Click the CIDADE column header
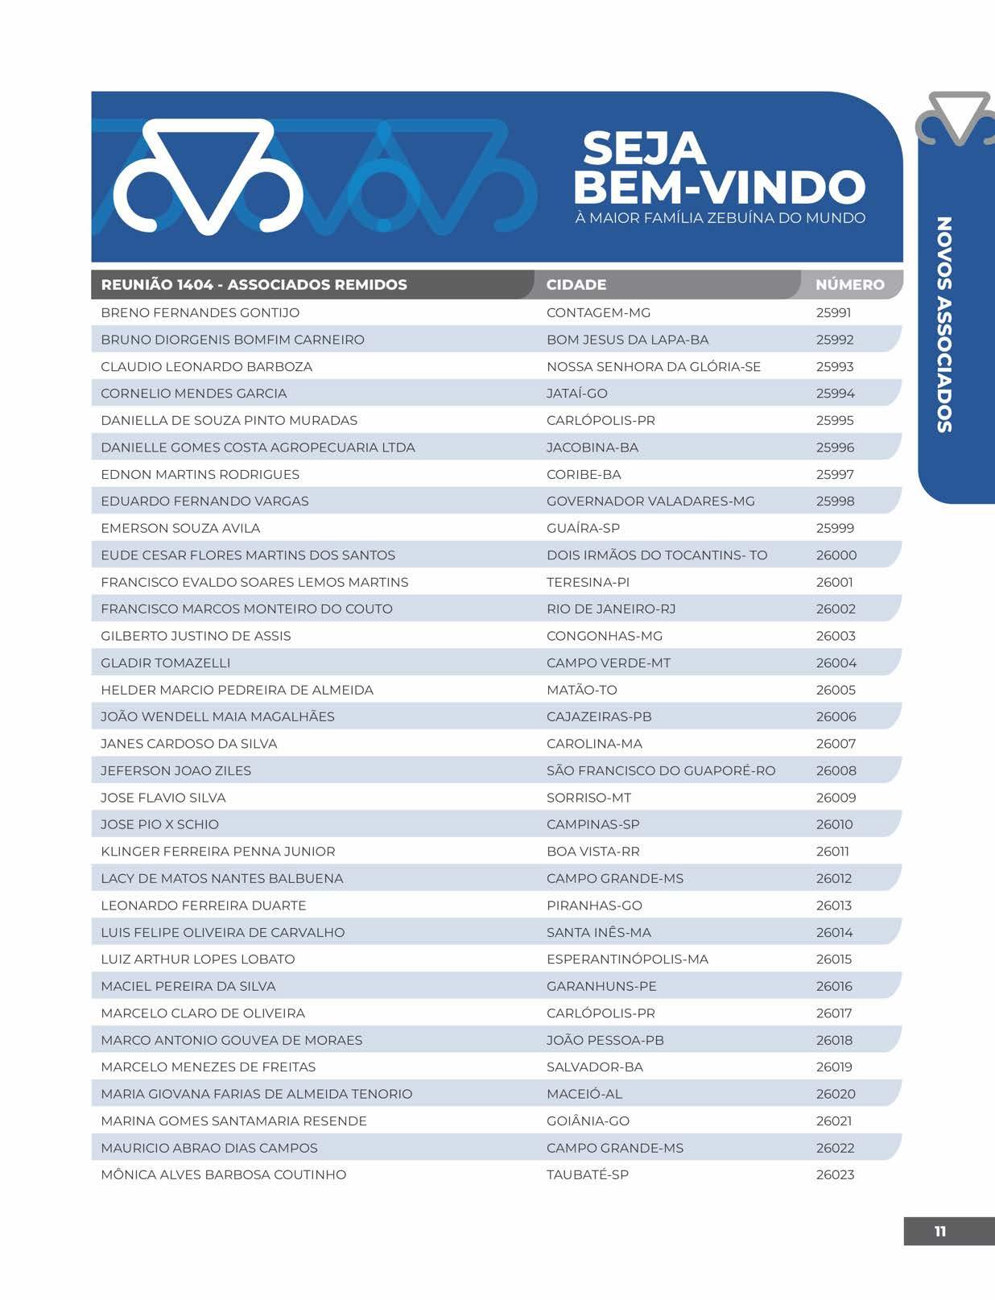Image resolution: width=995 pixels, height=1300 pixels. tap(576, 285)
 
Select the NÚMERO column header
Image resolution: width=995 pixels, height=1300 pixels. tap(849, 285)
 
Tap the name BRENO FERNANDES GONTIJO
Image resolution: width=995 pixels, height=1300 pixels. tap(200, 312)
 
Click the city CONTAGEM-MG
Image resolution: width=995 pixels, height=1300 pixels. tap(598, 312)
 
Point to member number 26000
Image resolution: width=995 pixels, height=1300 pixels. tap(836, 555)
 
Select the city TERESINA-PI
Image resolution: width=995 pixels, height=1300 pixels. tap(588, 582)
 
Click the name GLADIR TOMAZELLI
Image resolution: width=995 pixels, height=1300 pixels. tap(165, 663)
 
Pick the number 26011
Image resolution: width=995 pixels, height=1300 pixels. tap(832, 852)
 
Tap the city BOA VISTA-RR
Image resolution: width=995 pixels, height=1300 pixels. tap(592, 852)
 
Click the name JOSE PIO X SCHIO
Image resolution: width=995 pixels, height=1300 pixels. tap(159, 824)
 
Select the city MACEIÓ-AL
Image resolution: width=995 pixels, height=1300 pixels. tap(584, 1094)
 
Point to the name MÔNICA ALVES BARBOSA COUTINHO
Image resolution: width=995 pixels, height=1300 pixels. tap(223, 1174)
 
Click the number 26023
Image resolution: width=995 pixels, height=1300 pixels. tap(835, 1174)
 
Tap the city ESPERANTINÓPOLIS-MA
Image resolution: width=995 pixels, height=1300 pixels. tap(627, 960)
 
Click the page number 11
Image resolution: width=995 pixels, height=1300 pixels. tap(939, 1232)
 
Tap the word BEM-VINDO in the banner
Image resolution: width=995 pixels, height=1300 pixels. tap(719, 187)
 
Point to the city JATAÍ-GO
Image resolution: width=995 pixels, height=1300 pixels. tap(576, 394)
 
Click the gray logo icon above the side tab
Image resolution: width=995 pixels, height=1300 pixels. tap(956, 118)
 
